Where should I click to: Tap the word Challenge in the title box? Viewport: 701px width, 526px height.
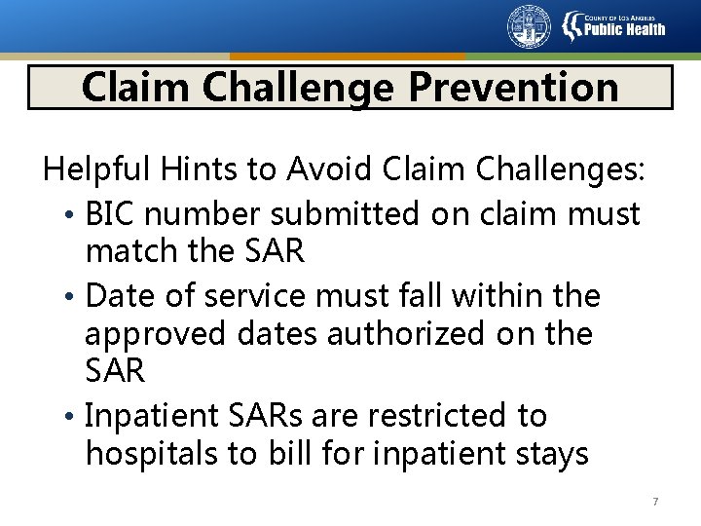click(305, 87)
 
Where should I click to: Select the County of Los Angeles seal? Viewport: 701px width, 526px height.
click(529, 26)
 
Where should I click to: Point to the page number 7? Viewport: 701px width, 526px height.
click(655, 502)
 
